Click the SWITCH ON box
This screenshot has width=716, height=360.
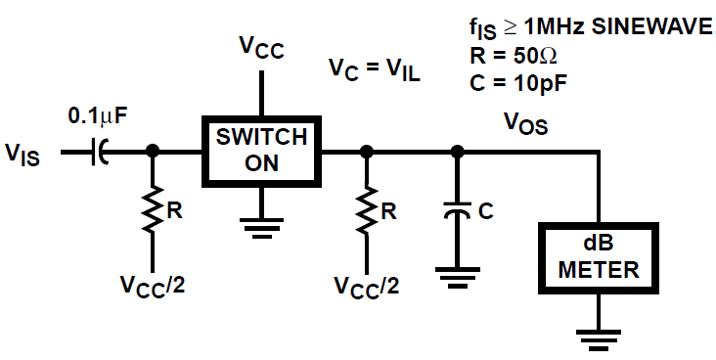(261, 151)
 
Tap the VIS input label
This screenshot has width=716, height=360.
(22, 154)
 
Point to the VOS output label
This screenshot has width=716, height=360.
(525, 123)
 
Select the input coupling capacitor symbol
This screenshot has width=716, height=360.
(98, 153)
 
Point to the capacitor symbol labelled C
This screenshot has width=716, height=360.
(456, 210)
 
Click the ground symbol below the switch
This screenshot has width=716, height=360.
(261, 227)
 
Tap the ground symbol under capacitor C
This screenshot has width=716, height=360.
(456, 277)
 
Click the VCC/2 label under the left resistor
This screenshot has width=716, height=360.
(154, 287)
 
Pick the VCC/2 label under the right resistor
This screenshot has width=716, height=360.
(368, 287)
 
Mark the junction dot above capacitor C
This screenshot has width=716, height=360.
(456, 152)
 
